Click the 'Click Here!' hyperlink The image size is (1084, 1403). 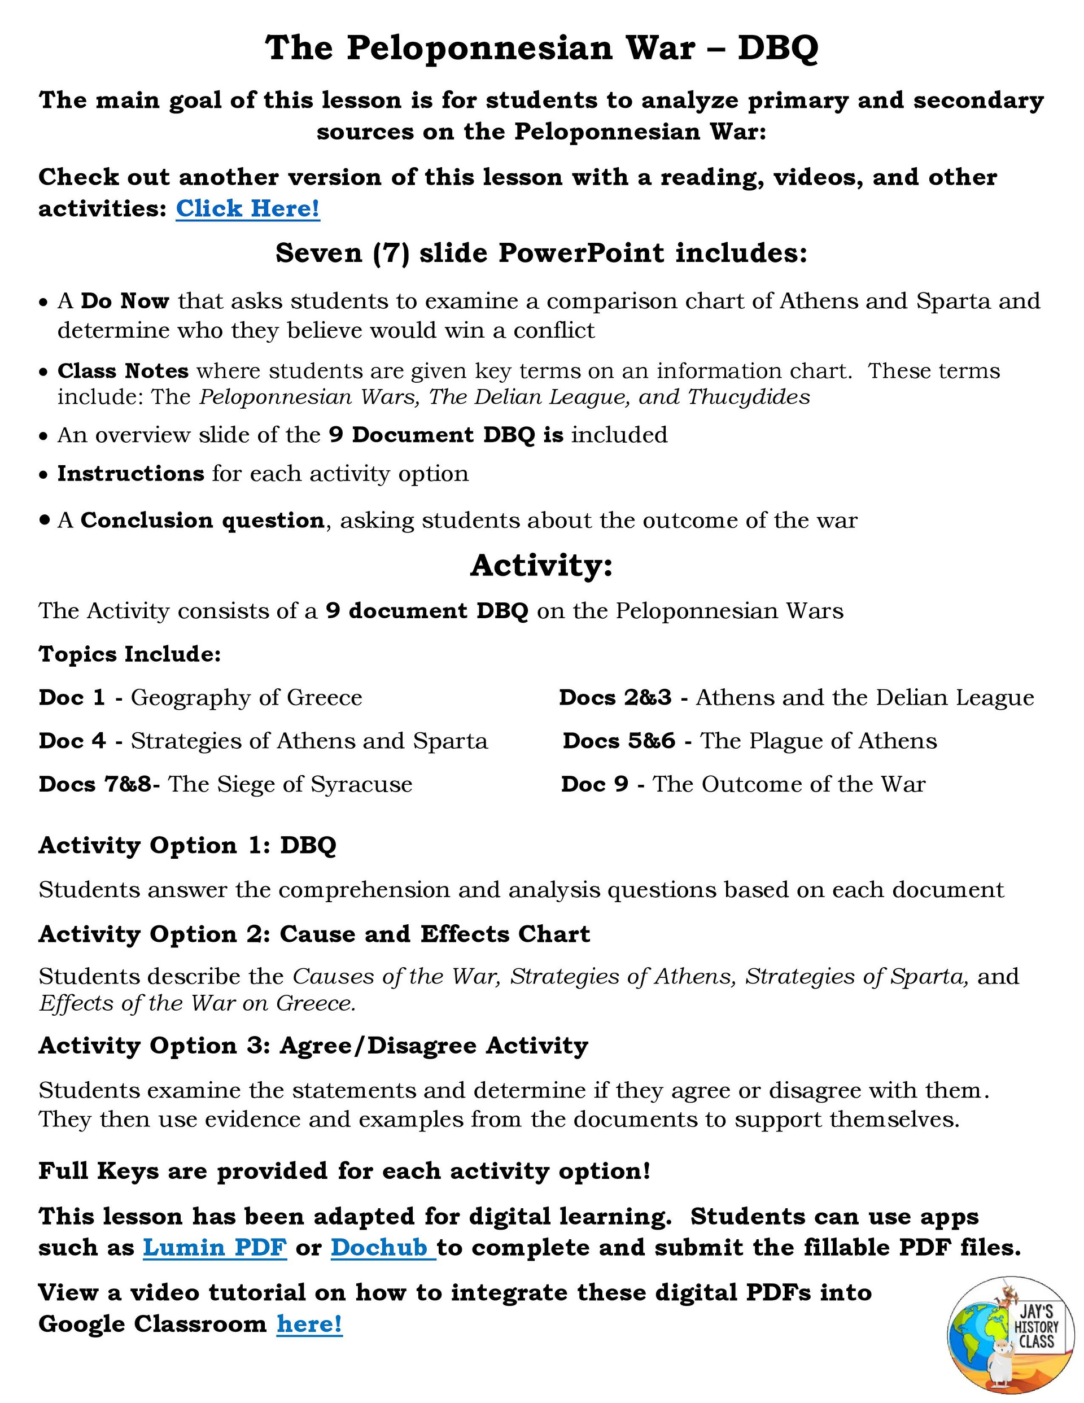[247, 208]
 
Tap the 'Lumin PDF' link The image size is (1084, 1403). [215, 1247]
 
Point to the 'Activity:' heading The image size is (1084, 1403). [541, 565]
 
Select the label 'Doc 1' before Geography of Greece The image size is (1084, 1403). [71, 698]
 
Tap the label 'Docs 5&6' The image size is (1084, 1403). [619, 741]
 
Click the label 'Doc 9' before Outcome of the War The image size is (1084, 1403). [594, 784]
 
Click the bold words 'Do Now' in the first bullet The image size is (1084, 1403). [125, 300]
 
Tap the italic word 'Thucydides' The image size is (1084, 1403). [749, 397]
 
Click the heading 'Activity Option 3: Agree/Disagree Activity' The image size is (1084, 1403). [313, 1045]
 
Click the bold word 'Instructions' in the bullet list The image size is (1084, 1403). [130, 474]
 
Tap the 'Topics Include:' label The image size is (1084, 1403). [130, 654]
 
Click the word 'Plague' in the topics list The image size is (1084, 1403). [786, 741]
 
